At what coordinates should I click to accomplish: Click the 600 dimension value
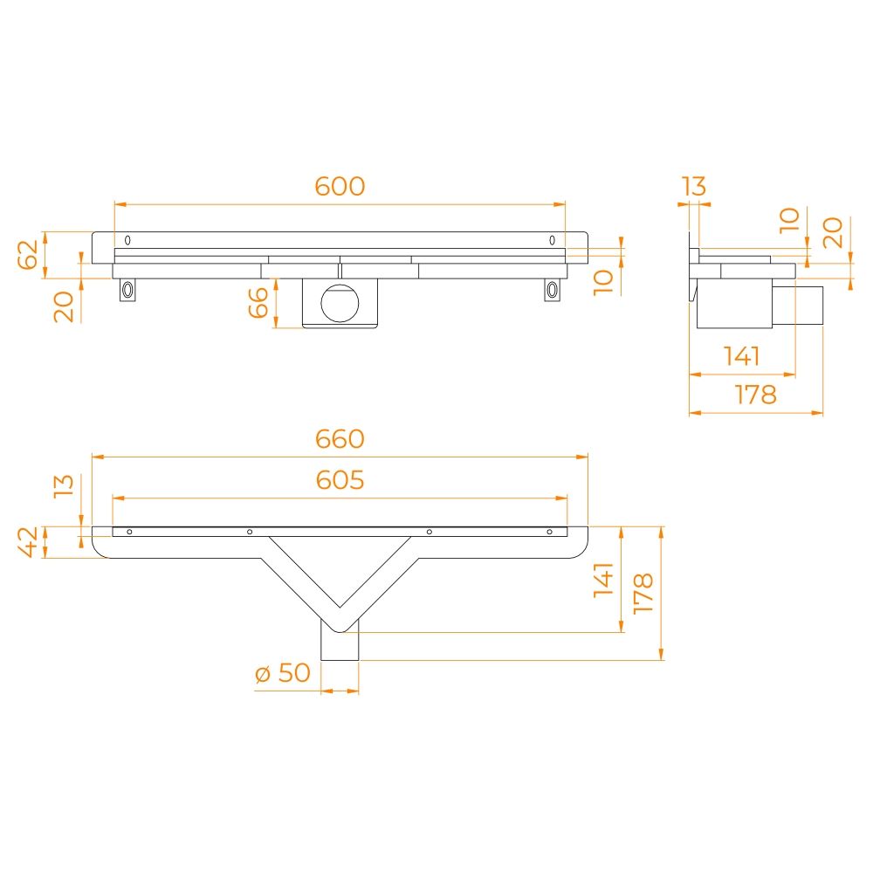tap(340, 186)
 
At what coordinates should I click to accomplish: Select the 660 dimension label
tap(340, 439)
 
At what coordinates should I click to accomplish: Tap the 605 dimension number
tap(340, 480)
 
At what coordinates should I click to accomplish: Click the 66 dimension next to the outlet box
tap(258, 302)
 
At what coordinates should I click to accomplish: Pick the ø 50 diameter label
tap(282, 672)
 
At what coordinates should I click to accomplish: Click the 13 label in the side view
tap(694, 186)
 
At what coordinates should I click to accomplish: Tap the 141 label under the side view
tap(741, 356)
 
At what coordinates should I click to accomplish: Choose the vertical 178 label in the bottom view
tap(643, 593)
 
